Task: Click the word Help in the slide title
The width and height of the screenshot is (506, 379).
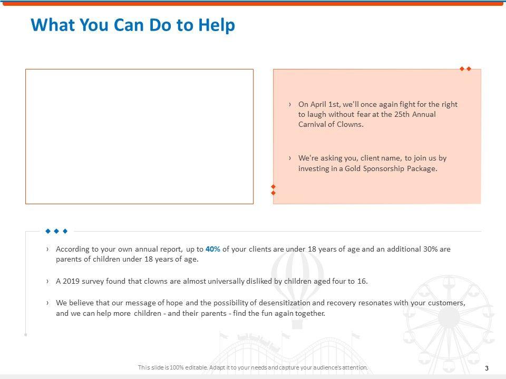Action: pos(217,25)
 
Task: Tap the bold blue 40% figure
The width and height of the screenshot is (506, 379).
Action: pos(212,249)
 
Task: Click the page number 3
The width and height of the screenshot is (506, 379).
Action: pos(486,368)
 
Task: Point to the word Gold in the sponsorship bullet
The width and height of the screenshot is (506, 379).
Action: pos(353,168)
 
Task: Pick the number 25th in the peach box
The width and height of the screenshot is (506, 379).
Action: pos(402,114)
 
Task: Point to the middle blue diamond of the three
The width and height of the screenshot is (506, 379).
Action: pos(56,231)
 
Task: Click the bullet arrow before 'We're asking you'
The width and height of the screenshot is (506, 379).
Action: pos(290,158)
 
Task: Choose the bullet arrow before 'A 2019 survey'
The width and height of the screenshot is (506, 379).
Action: pos(47,281)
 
